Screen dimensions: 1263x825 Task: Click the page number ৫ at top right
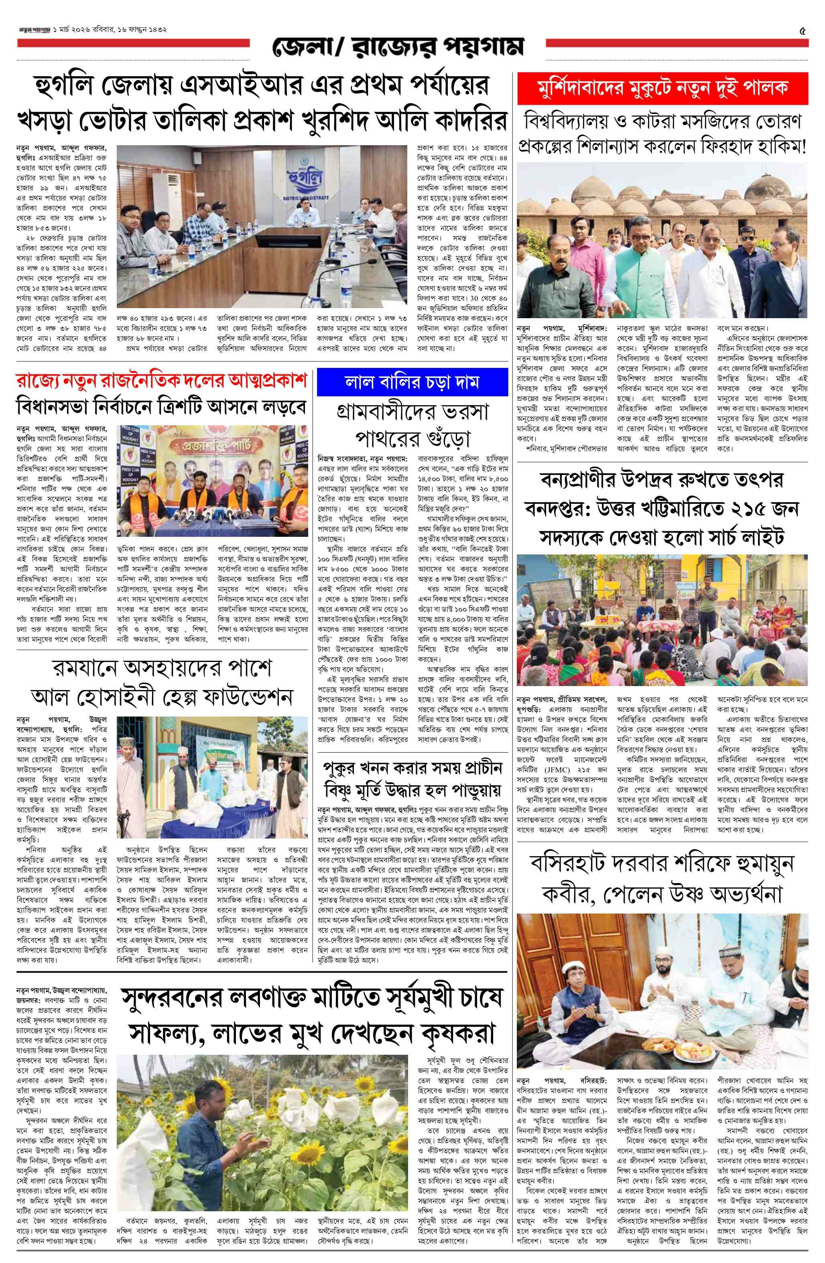tap(802, 31)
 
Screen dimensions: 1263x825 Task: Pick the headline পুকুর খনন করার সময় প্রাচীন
tap(412, 768)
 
